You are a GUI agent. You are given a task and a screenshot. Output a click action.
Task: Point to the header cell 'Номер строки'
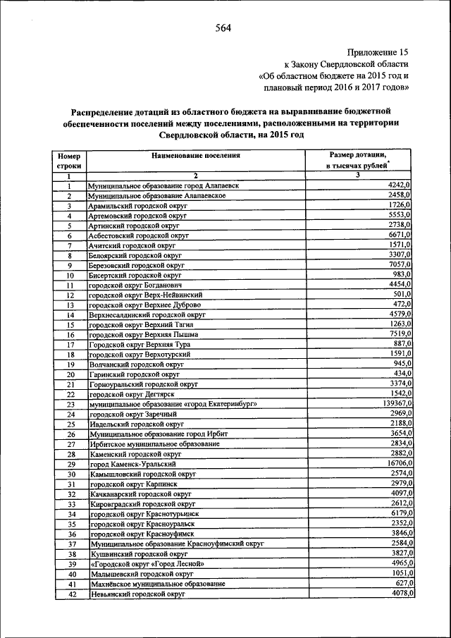click(69, 160)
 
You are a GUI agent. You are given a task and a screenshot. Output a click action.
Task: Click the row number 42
click(70, 596)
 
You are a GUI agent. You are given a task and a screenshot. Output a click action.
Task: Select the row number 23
click(70, 404)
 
